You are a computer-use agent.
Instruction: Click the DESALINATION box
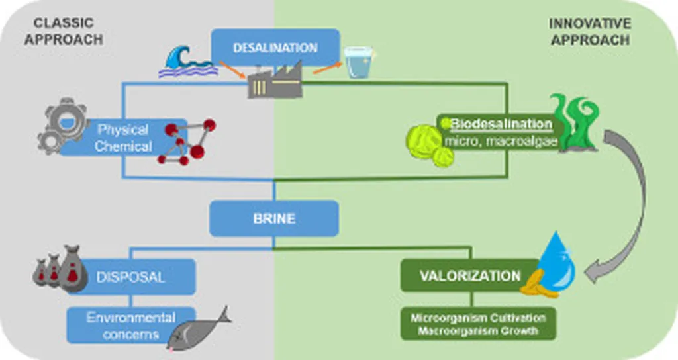tap(275, 48)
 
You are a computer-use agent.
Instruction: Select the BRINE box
tap(273, 218)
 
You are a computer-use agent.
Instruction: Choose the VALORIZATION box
tap(470, 275)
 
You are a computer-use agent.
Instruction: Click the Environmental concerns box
tap(130, 325)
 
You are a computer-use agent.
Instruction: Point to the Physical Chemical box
tap(122, 137)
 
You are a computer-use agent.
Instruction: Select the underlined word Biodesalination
tap(501, 123)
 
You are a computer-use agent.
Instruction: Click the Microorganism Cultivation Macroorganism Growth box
tap(478, 324)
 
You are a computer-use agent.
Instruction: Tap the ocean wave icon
tap(188, 63)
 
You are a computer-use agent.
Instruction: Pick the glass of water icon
tap(359, 63)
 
